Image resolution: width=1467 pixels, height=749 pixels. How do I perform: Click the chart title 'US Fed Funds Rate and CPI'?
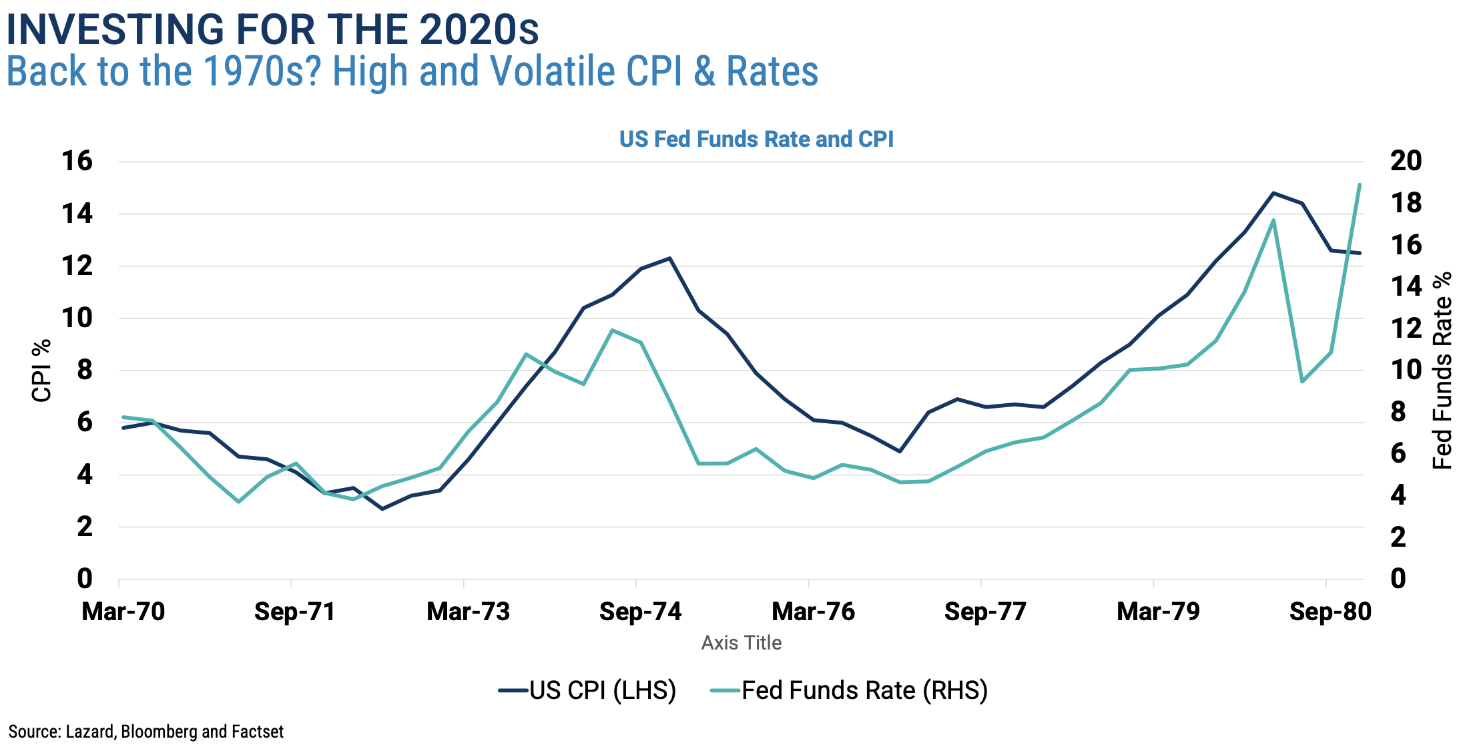[756, 139]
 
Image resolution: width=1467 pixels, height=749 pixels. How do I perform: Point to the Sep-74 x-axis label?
[640, 611]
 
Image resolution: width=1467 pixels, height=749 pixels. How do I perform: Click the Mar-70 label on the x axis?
[123, 611]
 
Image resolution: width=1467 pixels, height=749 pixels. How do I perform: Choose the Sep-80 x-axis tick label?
[1330, 611]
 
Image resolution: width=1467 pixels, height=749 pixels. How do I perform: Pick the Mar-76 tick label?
[813, 611]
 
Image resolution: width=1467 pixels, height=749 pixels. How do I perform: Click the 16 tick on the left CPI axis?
[77, 161]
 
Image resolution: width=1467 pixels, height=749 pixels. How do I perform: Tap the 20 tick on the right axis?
[1406, 161]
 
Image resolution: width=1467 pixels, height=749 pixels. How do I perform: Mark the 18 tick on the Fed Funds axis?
[1406, 203]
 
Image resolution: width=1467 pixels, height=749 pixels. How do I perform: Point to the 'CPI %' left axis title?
[41, 370]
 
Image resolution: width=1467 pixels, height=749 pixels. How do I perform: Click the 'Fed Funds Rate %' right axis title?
[1443, 370]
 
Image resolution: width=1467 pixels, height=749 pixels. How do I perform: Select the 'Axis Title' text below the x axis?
[741, 643]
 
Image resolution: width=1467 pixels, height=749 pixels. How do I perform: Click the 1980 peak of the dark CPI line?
[1273, 193]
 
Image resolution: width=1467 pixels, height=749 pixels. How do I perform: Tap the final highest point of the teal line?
[1360, 184]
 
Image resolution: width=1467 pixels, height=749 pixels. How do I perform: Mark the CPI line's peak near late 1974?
[669, 258]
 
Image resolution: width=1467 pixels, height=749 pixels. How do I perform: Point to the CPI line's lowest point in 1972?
[382, 509]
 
